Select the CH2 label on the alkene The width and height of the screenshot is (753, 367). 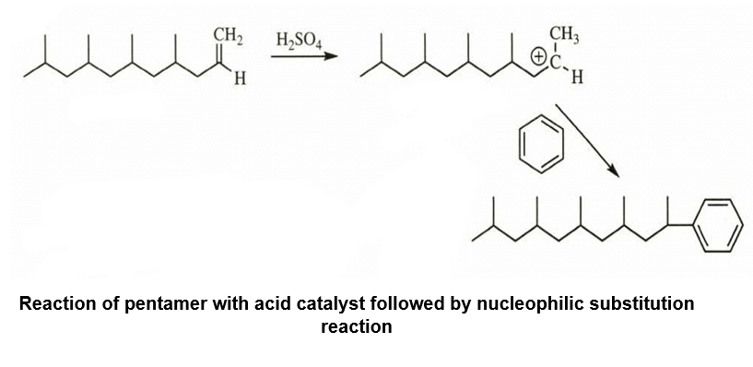tap(228, 36)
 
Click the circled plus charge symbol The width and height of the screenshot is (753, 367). tap(539, 57)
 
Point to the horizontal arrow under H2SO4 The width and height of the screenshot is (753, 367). tap(304, 56)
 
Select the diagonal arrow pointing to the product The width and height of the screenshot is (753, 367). tap(587, 140)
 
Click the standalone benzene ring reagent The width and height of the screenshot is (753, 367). tap(541, 144)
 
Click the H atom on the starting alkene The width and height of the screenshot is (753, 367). tap(240, 78)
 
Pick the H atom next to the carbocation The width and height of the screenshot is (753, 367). tap(577, 77)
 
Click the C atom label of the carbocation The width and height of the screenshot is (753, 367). tap(556, 63)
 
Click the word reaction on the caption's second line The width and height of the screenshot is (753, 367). tap(357, 326)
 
